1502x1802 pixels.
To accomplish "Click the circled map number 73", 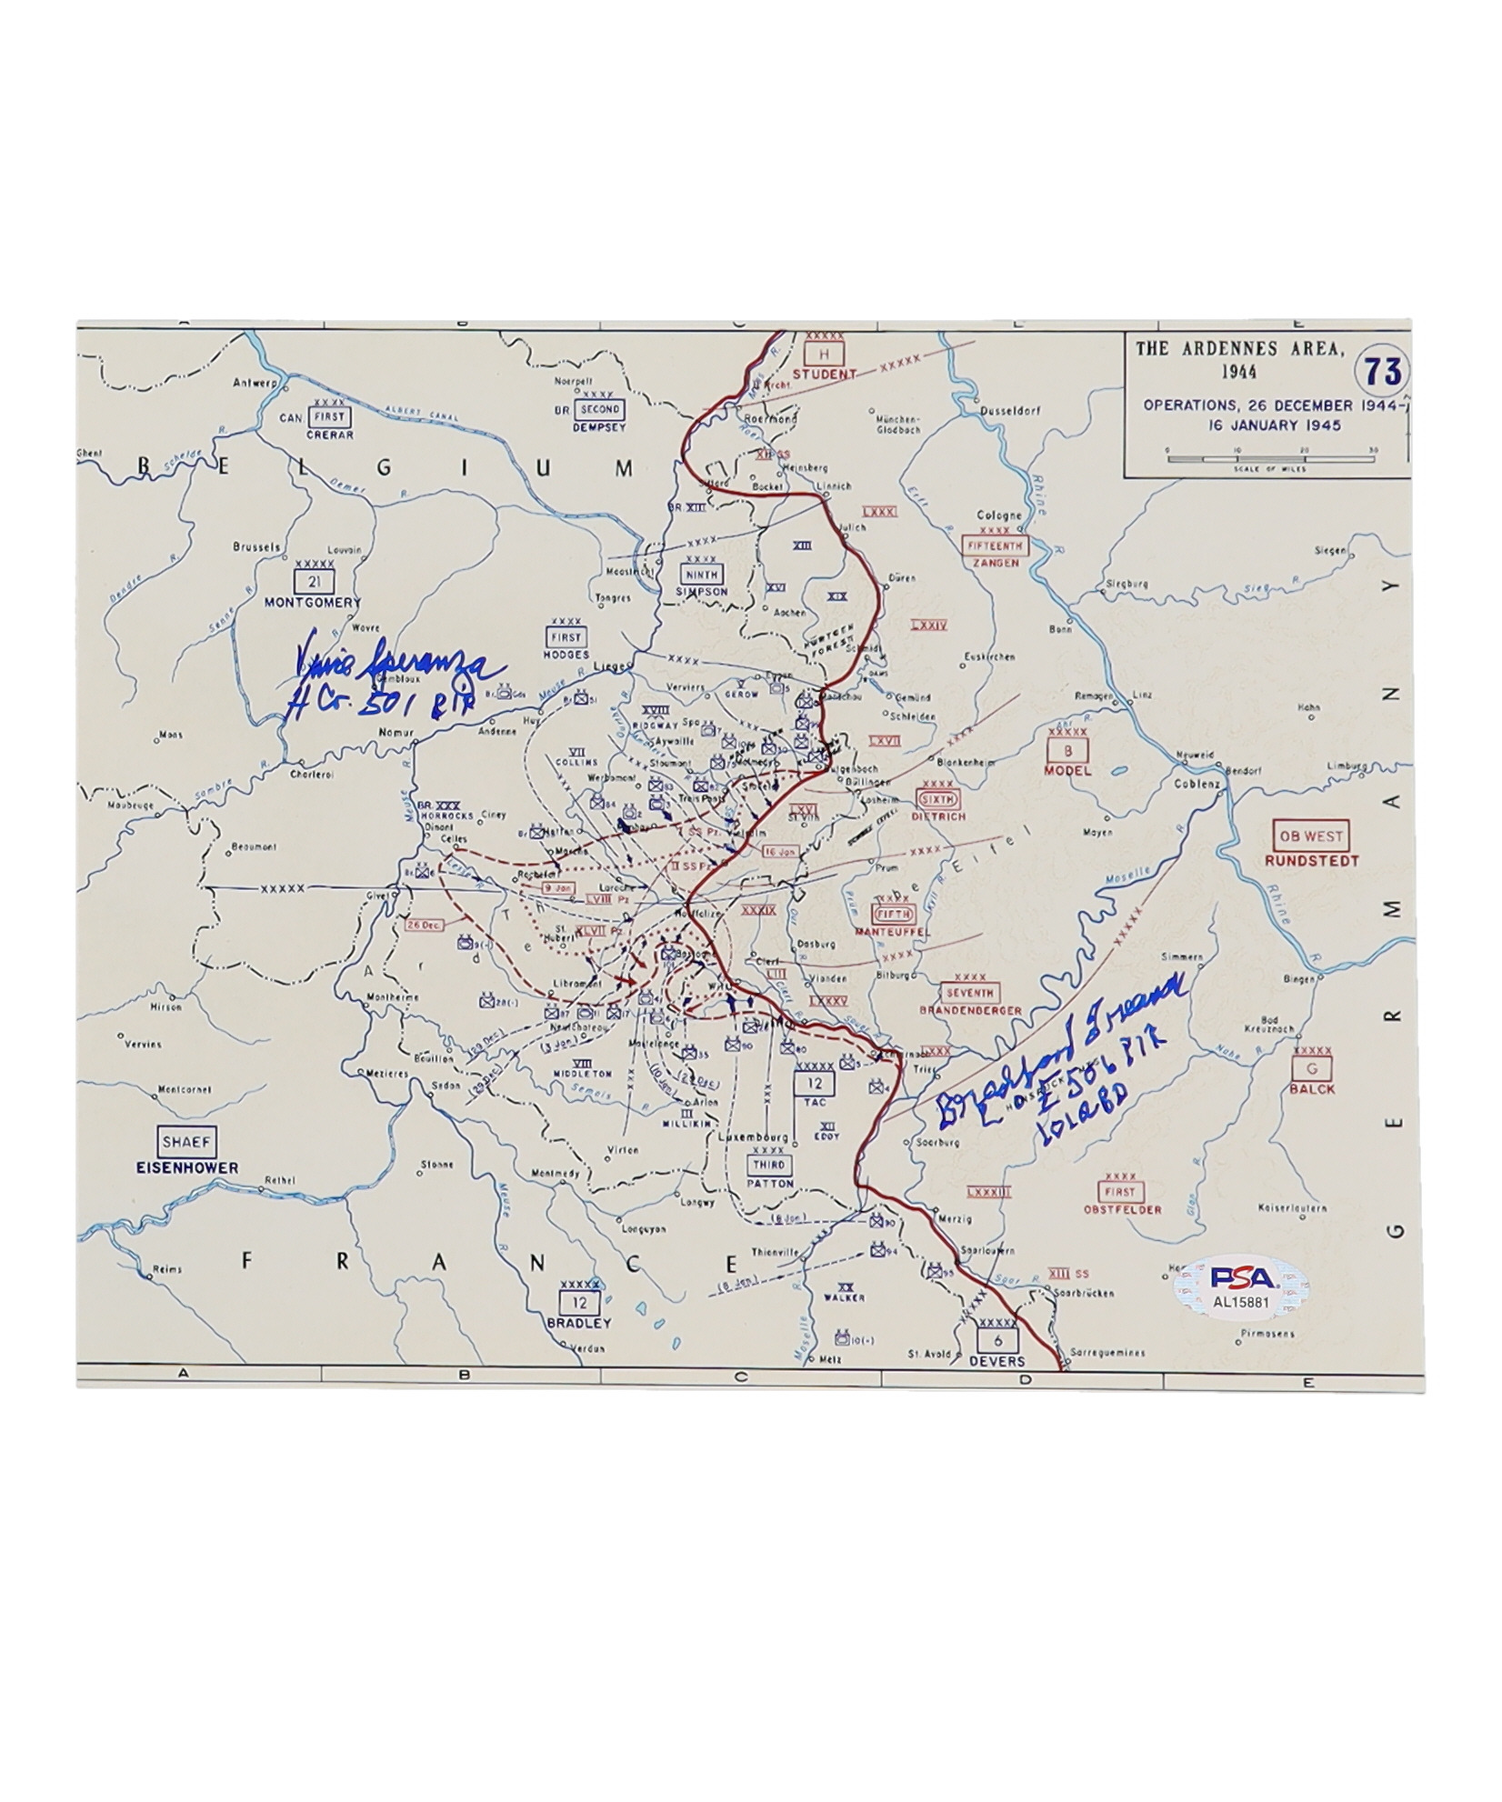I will (1381, 372).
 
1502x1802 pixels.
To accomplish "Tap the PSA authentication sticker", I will (1242, 1285).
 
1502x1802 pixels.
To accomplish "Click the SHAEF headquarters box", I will (185, 1143).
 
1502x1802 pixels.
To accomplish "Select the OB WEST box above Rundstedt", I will (1310, 836).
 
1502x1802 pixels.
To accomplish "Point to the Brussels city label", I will (255, 547).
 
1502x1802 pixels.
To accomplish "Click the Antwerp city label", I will (253, 383).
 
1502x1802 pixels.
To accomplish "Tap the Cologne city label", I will (998, 515).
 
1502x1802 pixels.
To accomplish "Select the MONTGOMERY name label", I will (313, 602).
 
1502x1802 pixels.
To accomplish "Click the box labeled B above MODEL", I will (1066, 750).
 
